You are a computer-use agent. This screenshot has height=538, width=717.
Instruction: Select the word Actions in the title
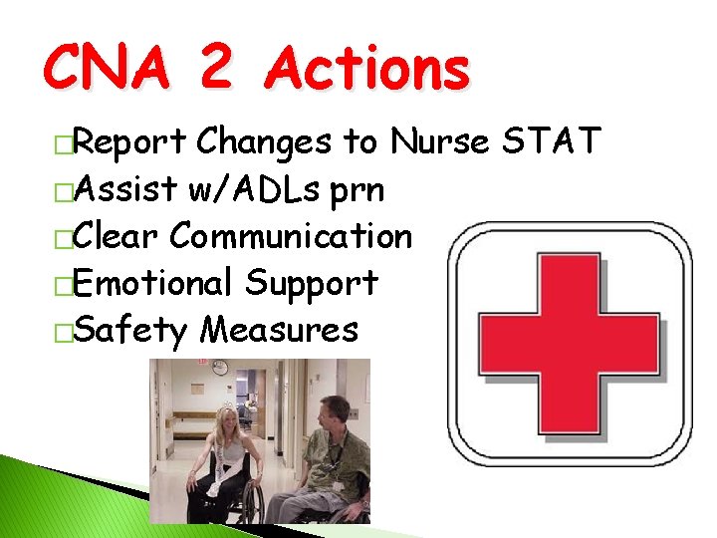tap(368, 70)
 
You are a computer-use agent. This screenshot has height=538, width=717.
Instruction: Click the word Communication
tap(290, 236)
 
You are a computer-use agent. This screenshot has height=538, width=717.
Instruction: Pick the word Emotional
tap(154, 282)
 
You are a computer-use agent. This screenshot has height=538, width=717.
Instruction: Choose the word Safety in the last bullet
tap(130, 329)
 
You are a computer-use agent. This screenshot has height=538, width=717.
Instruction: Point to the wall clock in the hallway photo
tap(221, 368)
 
